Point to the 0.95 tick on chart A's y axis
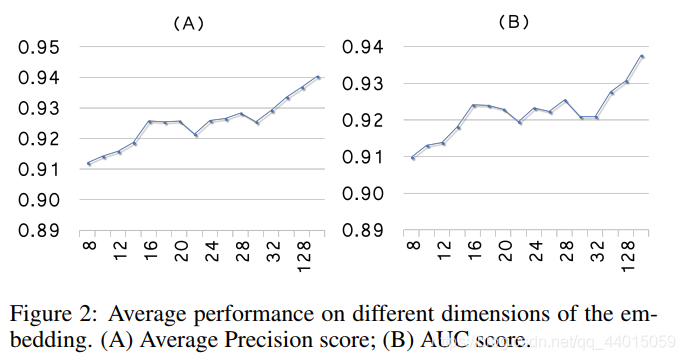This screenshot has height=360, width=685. pyautogui.click(x=37, y=47)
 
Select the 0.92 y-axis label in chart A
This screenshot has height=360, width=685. pyautogui.click(x=37, y=139)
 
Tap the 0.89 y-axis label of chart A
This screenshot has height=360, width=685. pyautogui.click(x=37, y=230)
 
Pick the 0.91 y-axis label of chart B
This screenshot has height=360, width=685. pyautogui.click(x=363, y=157)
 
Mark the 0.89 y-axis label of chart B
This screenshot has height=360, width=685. pyautogui.click(x=363, y=230)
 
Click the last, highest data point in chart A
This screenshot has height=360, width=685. pyautogui.click(x=318, y=77)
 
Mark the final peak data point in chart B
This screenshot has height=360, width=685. pyautogui.click(x=642, y=56)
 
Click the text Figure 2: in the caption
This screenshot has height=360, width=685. pyautogui.click(x=47, y=313)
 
